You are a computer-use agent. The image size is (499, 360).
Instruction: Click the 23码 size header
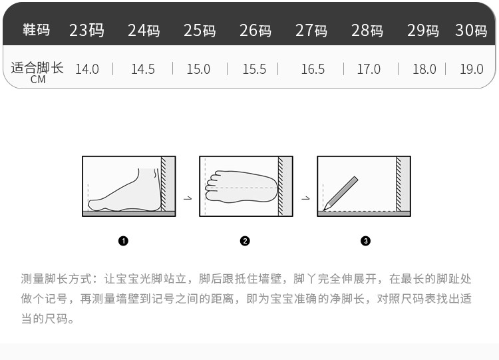[86, 30]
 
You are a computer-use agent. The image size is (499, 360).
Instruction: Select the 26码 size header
[255, 30]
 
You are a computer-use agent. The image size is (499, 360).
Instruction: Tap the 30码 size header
[471, 30]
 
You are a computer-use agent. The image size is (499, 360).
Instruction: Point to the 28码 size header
[367, 30]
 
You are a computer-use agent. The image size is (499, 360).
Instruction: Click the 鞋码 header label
[37, 29]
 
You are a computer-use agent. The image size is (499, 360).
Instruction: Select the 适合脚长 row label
[37, 68]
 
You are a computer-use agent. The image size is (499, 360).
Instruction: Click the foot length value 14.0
[87, 69]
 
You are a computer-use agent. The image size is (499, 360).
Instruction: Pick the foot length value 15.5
[254, 69]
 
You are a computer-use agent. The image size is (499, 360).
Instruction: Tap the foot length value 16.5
[313, 69]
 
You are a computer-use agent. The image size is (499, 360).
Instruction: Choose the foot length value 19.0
[472, 69]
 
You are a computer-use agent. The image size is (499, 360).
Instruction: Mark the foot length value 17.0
[369, 69]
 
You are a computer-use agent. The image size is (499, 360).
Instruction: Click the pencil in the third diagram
[341, 194]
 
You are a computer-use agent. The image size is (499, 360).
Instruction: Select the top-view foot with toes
[242, 187]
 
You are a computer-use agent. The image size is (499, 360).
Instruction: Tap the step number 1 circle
[123, 241]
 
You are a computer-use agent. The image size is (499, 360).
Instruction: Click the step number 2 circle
[245, 241]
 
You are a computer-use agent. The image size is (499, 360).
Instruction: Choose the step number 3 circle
[365, 241]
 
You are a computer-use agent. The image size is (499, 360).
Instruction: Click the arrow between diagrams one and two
[188, 198]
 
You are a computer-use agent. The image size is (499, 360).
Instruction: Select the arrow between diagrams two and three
[305, 198]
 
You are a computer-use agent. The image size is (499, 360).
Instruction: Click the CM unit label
[38, 80]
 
